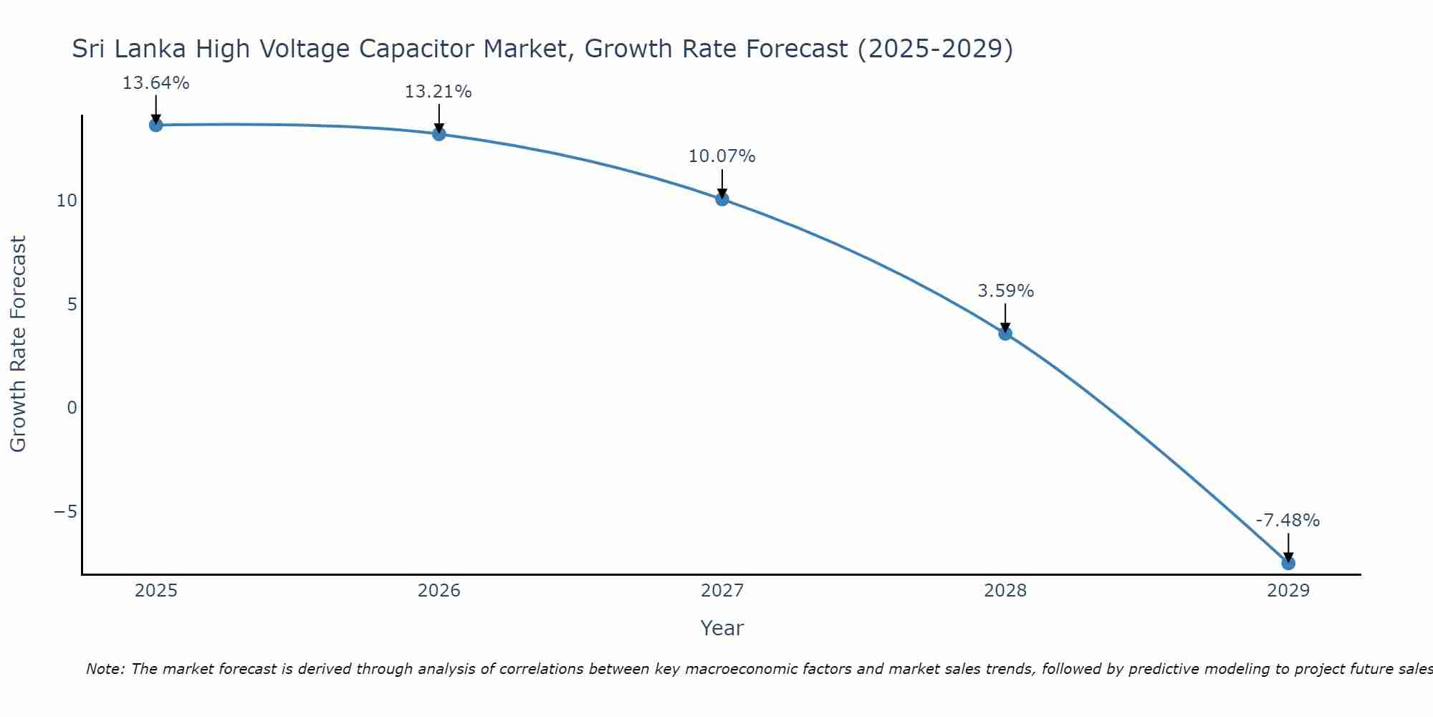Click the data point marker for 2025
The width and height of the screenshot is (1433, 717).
click(155, 125)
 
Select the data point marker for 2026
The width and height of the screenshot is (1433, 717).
click(438, 134)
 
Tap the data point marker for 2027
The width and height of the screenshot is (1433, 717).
click(722, 199)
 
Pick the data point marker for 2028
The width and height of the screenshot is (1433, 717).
click(1005, 333)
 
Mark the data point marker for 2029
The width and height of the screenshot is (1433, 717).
click(1288, 563)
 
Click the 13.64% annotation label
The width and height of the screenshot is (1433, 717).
click(155, 83)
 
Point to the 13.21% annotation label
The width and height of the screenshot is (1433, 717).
click(438, 92)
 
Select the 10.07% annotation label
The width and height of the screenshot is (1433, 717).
click(722, 156)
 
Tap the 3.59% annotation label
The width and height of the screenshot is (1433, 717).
click(1005, 291)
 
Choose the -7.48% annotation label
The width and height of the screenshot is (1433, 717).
click(1288, 521)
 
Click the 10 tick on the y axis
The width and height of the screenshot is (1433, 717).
click(67, 201)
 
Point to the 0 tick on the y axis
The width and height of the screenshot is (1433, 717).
click(72, 408)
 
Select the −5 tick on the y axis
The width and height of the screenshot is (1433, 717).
click(65, 512)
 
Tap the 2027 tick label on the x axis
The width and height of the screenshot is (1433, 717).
click(722, 591)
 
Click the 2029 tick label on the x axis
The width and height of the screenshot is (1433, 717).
click(1288, 591)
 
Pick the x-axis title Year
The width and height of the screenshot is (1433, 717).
click(722, 628)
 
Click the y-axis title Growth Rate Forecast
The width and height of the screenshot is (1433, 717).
click(18, 344)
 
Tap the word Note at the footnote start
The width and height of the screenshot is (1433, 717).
click(105, 670)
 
